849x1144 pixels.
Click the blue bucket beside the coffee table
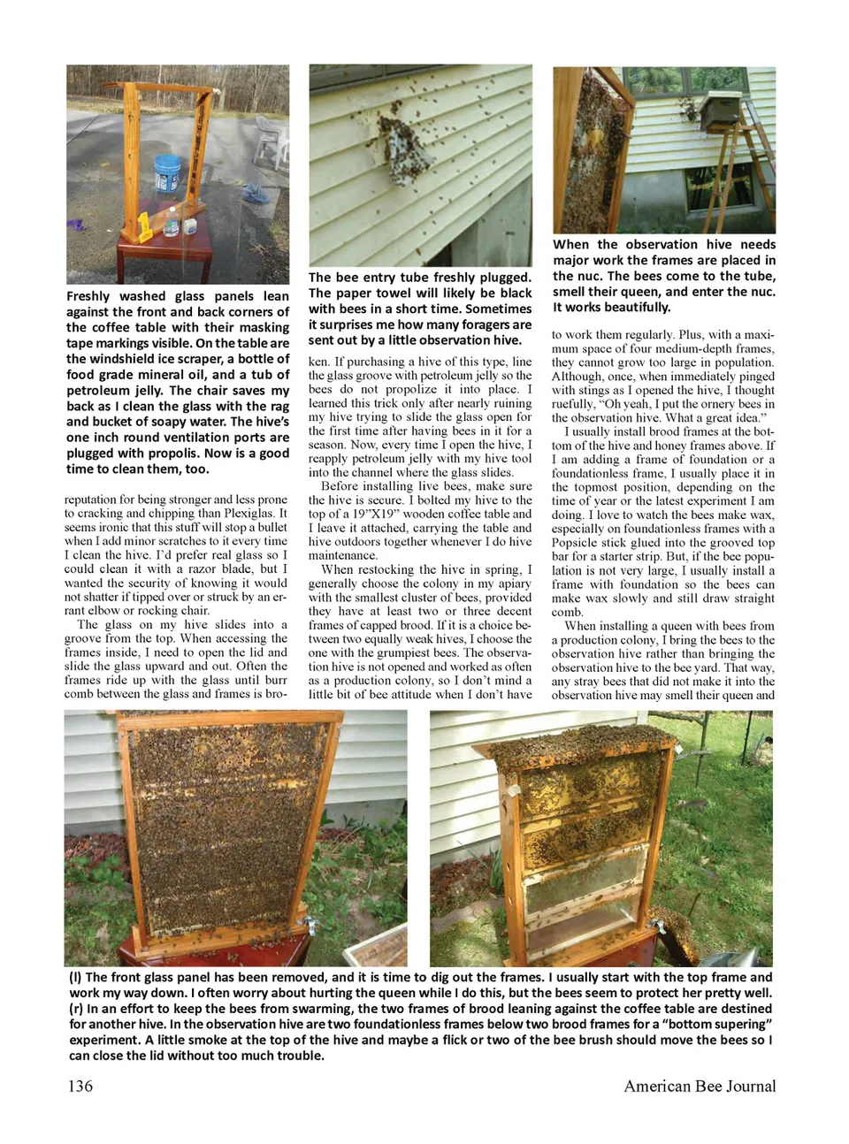(167, 173)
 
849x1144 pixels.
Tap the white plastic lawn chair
(271, 141)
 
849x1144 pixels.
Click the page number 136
(80, 1086)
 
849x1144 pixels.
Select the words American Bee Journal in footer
(700, 1086)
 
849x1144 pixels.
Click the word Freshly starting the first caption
(88, 296)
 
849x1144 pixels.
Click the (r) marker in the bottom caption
(76, 1008)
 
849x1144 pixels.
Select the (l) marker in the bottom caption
(76, 977)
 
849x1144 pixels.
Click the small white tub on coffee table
(189, 227)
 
